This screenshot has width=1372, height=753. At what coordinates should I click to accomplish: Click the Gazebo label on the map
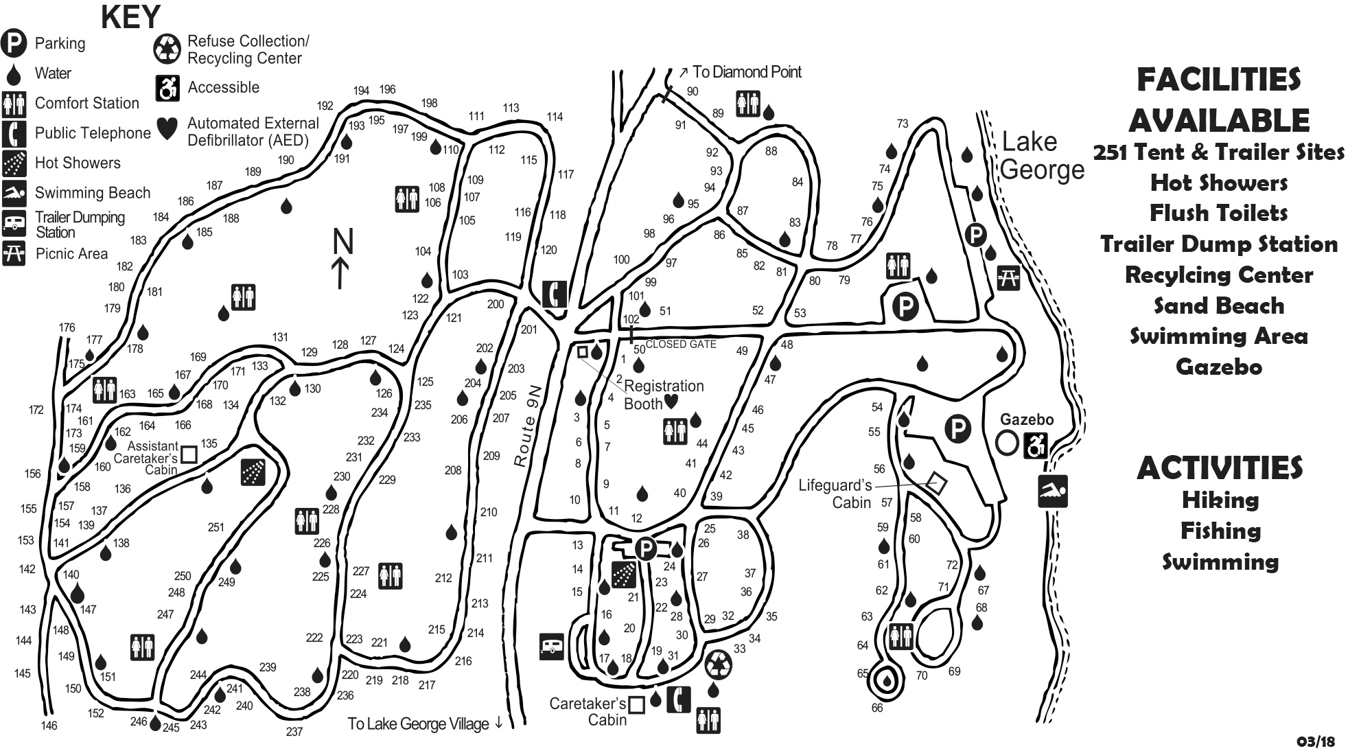pyautogui.click(x=1026, y=419)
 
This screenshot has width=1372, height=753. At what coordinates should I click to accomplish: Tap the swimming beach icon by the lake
pyautogui.click(x=1052, y=491)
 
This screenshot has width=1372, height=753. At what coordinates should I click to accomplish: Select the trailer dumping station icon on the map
pyautogui.click(x=552, y=647)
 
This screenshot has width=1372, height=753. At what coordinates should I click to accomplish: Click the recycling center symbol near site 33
pyautogui.click(x=719, y=664)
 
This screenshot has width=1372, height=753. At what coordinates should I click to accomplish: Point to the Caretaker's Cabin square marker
pyautogui.click(x=636, y=705)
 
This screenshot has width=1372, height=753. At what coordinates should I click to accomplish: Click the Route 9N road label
pyautogui.click(x=526, y=426)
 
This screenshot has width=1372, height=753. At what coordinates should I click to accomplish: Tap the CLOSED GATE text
pyautogui.click(x=681, y=344)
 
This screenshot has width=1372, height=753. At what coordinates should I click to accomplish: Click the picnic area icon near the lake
pyautogui.click(x=1008, y=277)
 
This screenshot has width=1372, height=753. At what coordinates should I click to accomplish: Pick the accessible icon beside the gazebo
pyautogui.click(x=1035, y=445)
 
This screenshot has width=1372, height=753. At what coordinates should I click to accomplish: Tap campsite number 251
pyautogui.click(x=216, y=527)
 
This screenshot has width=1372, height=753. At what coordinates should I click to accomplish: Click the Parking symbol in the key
pyautogui.click(x=14, y=43)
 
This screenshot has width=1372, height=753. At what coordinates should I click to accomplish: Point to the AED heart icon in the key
pyautogui.click(x=167, y=127)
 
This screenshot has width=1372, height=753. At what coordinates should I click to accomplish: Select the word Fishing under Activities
pyautogui.click(x=1220, y=531)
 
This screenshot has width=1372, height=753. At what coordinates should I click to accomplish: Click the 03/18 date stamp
pyautogui.click(x=1316, y=741)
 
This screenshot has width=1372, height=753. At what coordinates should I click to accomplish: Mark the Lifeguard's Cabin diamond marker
pyautogui.click(x=937, y=483)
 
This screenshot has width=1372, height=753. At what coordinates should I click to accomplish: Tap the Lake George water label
pyautogui.click(x=1041, y=156)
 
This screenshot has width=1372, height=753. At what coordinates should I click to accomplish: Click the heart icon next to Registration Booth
pyautogui.click(x=671, y=401)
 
